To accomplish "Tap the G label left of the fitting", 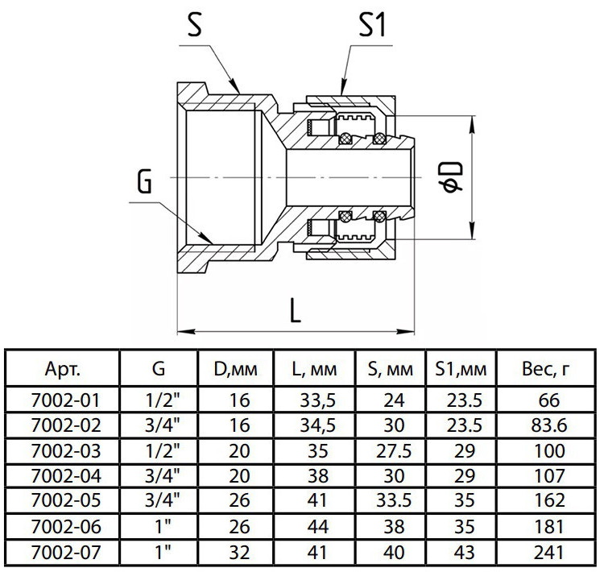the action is [145, 181].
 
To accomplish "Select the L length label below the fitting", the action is [295, 311].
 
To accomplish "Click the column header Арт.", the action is [63, 369].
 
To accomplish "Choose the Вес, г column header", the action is [545, 369].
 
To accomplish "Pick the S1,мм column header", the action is [461, 369].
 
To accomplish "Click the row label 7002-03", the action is [66, 451].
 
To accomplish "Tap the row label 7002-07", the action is [66, 553].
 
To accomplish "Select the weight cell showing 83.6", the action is [549, 425].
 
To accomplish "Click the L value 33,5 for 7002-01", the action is [318, 400].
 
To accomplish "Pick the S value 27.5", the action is [394, 451].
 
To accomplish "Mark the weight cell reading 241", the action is [549, 553].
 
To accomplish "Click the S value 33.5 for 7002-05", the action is [394, 501].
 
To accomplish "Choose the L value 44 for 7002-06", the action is [318, 527].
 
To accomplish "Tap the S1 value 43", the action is [464, 553].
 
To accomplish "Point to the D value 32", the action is [239, 553].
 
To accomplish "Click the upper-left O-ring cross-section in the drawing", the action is [345, 138].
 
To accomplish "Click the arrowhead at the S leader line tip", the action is [235, 86].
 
